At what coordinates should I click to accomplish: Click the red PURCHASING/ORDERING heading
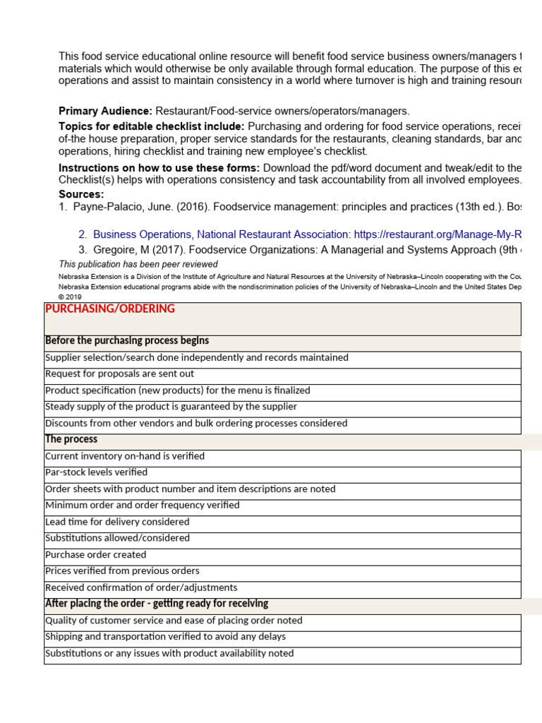point(109,309)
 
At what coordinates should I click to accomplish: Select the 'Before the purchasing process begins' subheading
point(127,341)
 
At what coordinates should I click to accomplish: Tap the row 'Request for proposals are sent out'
point(119,374)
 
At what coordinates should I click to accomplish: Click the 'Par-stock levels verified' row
point(96,472)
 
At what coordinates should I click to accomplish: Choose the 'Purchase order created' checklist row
point(96,555)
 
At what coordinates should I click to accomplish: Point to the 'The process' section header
point(71,439)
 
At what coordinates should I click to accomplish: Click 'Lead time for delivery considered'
point(117,522)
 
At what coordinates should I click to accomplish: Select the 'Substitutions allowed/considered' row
point(117,538)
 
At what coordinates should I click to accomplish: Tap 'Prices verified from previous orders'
point(122,571)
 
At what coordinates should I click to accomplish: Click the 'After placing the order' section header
point(157,604)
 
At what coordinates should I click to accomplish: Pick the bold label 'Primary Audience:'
point(105,111)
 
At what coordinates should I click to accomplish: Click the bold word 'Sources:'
point(81,194)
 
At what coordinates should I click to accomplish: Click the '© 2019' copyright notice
point(71,297)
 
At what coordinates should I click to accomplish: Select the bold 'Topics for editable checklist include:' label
point(152,126)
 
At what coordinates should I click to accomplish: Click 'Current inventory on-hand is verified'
point(125,456)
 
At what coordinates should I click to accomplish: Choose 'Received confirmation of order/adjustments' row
point(141,587)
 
